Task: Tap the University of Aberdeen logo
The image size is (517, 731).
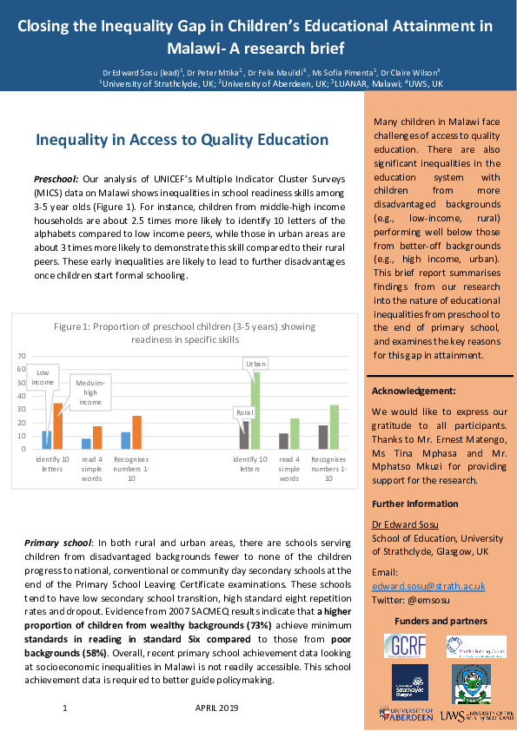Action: [406, 714]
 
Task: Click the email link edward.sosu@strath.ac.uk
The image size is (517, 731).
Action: [428, 586]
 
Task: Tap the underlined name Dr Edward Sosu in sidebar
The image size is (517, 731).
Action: [401, 524]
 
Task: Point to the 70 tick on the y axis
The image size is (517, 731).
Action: [23, 357]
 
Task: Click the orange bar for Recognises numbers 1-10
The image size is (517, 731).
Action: [136, 432]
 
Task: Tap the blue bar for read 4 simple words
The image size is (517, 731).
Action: [86, 444]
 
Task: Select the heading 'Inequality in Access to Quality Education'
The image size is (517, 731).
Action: [182, 140]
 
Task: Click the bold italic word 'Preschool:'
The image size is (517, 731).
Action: [56, 178]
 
